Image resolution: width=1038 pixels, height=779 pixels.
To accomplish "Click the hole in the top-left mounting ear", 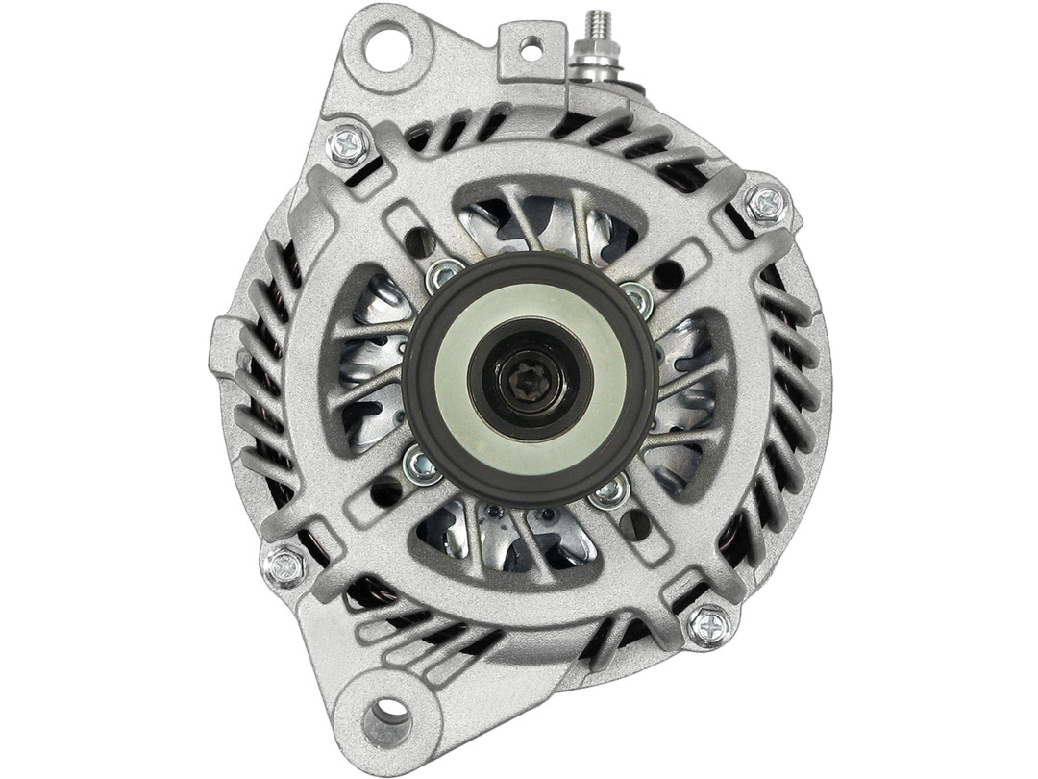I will (x=388, y=43).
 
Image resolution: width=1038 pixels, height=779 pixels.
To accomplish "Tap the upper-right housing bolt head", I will (x=765, y=203).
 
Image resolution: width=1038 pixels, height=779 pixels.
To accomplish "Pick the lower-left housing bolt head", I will (x=284, y=565).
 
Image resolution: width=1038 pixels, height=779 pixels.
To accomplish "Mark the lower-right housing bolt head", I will (x=708, y=626).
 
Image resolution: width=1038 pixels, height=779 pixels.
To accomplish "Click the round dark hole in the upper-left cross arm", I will (x=420, y=242).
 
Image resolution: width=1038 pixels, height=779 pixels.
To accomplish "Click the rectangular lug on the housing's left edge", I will (x=225, y=342).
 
